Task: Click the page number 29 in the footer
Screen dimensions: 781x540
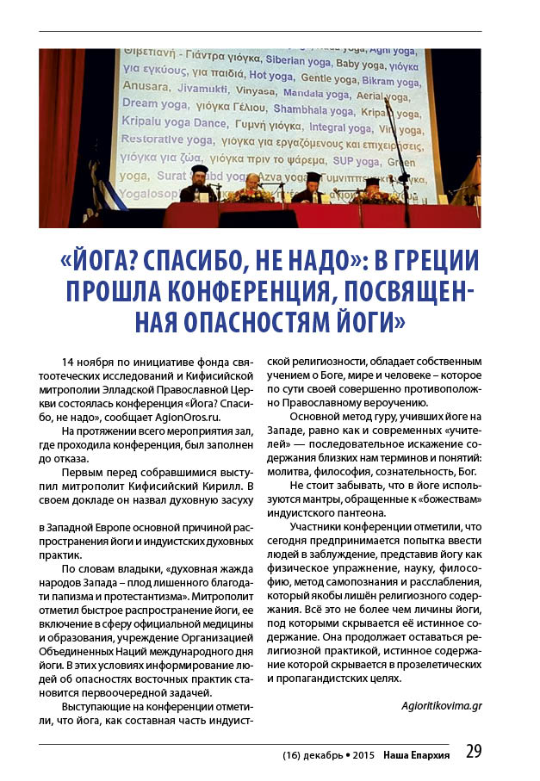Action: [x=473, y=751]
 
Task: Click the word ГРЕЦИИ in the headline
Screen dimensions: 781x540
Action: [x=431, y=263]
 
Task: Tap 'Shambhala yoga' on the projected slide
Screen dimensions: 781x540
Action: [x=313, y=109]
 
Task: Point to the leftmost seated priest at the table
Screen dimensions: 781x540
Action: [x=199, y=183]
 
